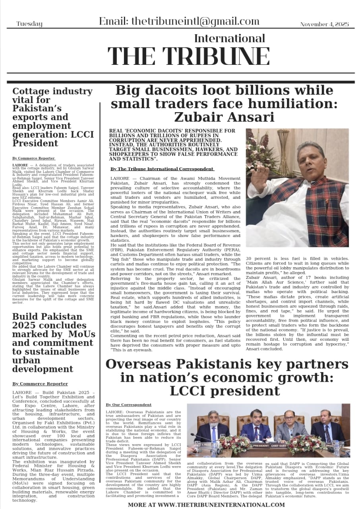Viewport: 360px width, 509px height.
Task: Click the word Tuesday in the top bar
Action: tap(29, 24)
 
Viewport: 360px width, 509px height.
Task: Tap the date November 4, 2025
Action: tap(324, 24)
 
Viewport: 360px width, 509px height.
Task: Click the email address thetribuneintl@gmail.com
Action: tap(179, 21)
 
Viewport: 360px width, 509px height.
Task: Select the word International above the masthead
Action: tap(229, 39)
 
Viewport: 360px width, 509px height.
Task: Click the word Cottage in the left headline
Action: tap(31, 91)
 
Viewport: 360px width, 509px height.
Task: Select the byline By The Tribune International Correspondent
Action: tap(162, 169)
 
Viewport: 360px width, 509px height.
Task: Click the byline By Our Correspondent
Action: tap(123, 404)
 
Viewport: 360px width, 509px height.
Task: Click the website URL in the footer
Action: tap(206, 505)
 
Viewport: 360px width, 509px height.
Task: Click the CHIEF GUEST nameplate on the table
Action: tap(284, 446)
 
